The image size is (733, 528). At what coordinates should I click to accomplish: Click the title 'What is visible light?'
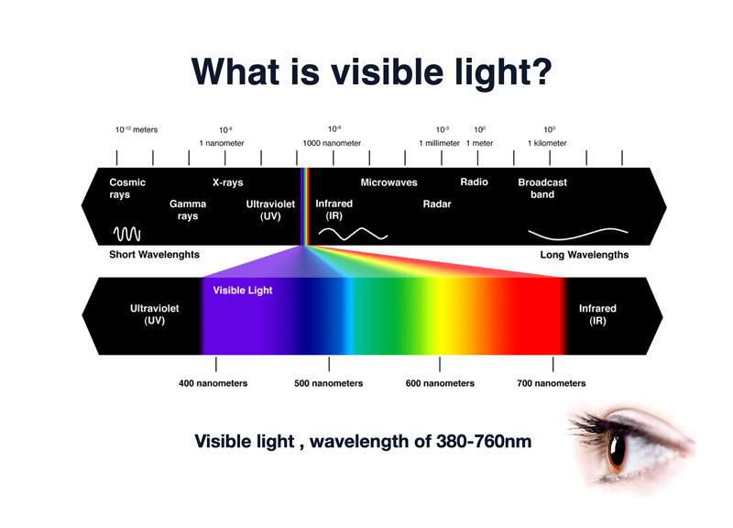click(x=372, y=72)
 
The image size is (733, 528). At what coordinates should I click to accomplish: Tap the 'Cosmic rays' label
click(x=127, y=188)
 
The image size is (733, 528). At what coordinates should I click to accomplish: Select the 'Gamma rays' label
click(x=188, y=210)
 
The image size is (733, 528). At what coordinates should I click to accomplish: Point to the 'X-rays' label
click(x=227, y=182)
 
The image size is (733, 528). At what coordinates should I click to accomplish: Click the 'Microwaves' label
click(x=388, y=182)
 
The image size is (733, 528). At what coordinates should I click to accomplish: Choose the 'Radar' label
click(x=437, y=203)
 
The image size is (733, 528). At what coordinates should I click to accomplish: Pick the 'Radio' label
click(x=474, y=181)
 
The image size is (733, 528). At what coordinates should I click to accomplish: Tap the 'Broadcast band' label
click(x=542, y=188)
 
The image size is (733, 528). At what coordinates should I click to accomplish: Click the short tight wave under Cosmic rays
click(x=126, y=234)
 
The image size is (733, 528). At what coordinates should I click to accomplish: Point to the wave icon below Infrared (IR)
click(x=353, y=234)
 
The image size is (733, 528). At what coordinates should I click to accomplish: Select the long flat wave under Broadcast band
click(x=578, y=234)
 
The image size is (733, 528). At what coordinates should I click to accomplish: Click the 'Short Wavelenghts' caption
click(x=154, y=255)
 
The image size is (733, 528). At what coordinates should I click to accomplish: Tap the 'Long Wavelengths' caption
click(x=585, y=255)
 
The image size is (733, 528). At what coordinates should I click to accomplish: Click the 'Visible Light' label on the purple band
click(x=243, y=291)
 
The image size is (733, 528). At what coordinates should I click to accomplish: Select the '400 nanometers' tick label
click(x=213, y=383)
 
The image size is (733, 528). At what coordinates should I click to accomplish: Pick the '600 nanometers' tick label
click(x=440, y=383)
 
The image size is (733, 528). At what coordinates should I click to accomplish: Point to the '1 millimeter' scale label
click(x=440, y=143)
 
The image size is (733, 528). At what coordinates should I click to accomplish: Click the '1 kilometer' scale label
click(x=547, y=143)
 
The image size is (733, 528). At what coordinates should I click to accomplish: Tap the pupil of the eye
click(x=618, y=451)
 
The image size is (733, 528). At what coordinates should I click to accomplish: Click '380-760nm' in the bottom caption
click(x=484, y=442)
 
